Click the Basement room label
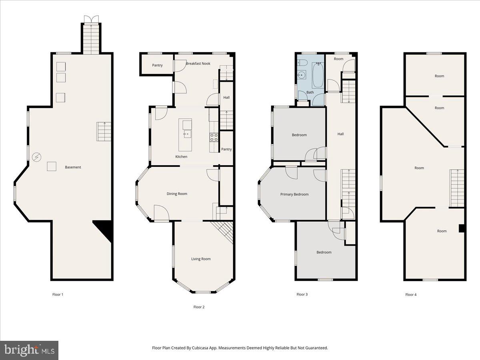pos(73,167)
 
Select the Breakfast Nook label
pos(198,64)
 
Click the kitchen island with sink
pos(186,128)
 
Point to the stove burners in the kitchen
pos(214,138)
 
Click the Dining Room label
pos(177,194)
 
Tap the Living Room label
pos(200,259)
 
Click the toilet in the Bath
pos(301,63)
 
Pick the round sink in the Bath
pos(302,75)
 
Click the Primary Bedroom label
pos(294,194)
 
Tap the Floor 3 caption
pos(302,294)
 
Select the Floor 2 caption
pos(199,307)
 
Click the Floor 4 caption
pos(411,295)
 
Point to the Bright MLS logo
pos(29,350)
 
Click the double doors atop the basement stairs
pos(91,19)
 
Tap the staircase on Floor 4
pos(457,188)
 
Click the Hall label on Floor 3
pos(340,134)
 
